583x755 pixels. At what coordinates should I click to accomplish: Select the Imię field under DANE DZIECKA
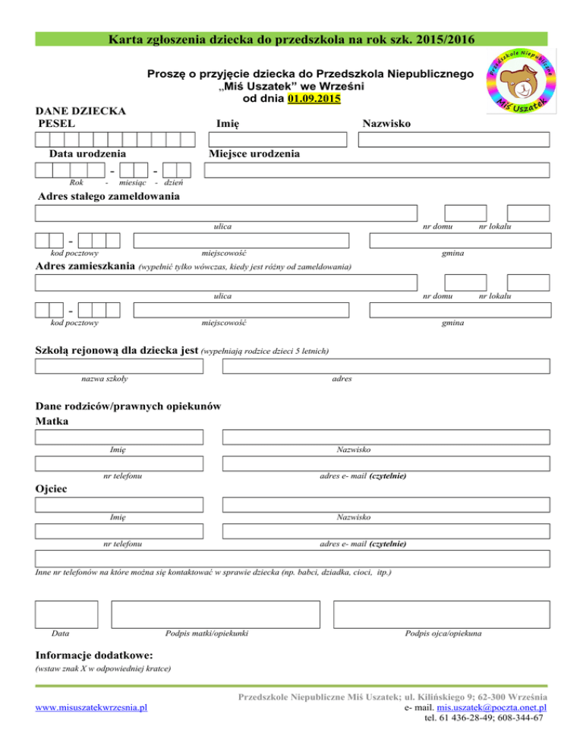[x=277, y=140]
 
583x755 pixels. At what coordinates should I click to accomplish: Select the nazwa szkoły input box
[x=120, y=367]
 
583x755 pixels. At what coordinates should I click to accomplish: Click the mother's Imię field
[x=120, y=437]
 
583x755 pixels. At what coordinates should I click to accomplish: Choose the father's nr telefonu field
[x=120, y=532]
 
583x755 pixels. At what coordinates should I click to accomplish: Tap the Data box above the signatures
[x=67, y=614]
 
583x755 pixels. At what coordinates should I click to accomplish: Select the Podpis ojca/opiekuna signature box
[x=442, y=614]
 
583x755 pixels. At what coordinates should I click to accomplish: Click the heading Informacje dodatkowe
[x=95, y=655]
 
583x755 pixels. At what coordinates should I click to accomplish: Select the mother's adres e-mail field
[x=386, y=463]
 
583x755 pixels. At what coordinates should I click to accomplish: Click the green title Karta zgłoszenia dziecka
[x=291, y=39]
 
